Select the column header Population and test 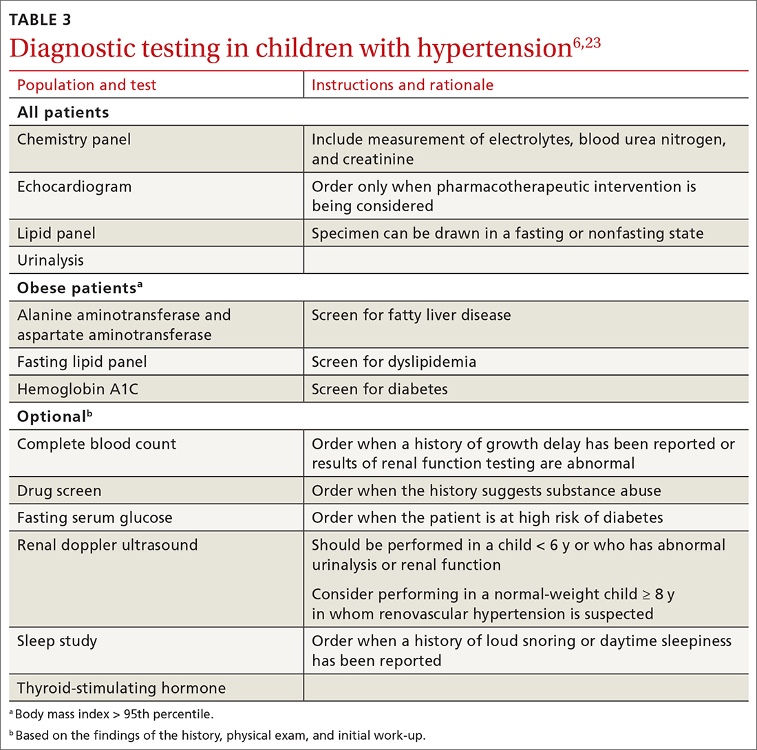pyautogui.click(x=87, y=85)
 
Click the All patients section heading pyautogui.click(x=63, y=111)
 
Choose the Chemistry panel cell pyautogui.click(x=74, y=140)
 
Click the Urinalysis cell pyautogui.click(x=50, y=259)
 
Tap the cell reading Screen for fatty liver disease pyautogui.click(x=411, y=315)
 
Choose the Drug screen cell pyautogui.click(x=59, y=491)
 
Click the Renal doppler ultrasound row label pyautogui.click(x=107, y=545)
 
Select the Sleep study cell pyautogui.click(x=57, y=641)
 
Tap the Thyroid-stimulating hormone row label pyautogui.click(x=121, y=687)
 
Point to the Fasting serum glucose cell pyautogui.click(x=95, y=517)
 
